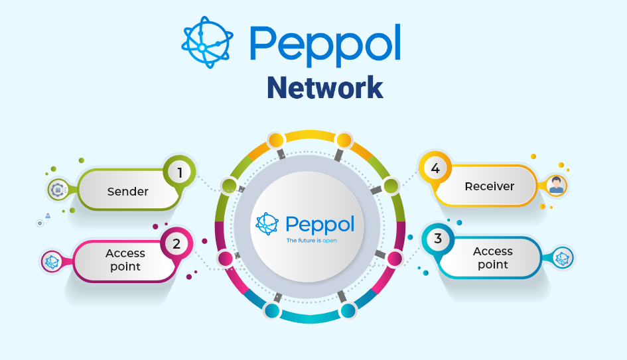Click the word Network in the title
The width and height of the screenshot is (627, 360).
pyautogui.click(x=325, y=87)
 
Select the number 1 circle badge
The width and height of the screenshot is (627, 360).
pyautogui.click(x=179, y=172)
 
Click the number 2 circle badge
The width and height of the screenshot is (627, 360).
pyautogui.click(x=176, y=243)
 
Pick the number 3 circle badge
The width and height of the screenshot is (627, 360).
pyautogui.click(x=437, y=238)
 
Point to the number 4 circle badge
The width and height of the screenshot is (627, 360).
pyautogui.click(x=435, y=168)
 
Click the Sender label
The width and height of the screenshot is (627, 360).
pyautogui.click(x=128, y=192)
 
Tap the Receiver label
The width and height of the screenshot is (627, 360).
pyautogui.click(x=490, y=186)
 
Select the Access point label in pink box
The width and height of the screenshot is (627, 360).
pyautogui.click(x=125, y=259)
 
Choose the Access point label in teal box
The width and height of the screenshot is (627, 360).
pyautogui.click(x=493, y=258)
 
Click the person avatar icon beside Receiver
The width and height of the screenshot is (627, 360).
pyautogui.click(x=556, y=186)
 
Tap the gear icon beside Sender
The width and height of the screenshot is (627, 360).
pyautogui.click(x=58, y=190)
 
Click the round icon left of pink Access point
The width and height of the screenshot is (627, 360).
pyautogui.click(x=52, y=261)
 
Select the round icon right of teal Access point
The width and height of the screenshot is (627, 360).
pyautogui.click(x=563, y=259)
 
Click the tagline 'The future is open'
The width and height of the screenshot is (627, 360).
pyautogui.click(x=311, y=240)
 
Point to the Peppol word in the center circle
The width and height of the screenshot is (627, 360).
pyautogui.click(x=320, y=224)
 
